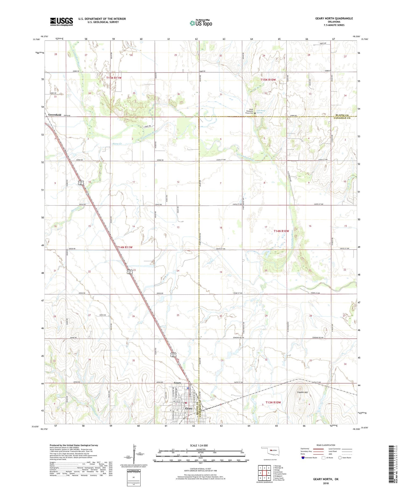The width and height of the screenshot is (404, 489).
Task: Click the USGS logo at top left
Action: point(61,22)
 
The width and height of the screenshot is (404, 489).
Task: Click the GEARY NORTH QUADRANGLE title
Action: point(330,18)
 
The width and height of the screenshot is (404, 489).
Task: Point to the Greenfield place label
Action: point(55,115)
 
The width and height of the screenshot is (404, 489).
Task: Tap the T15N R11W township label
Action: point(114,78)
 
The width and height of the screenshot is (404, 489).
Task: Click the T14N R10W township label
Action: point(281,231)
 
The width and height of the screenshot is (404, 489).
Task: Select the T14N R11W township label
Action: point(125,247)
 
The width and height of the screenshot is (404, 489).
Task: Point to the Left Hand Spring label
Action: point(259,111)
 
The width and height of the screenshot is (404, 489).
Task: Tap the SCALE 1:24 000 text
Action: point(195,445)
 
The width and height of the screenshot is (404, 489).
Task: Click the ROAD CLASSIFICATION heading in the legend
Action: point(326,445)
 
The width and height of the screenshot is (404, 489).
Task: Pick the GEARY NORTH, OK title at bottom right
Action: point(326,479)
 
